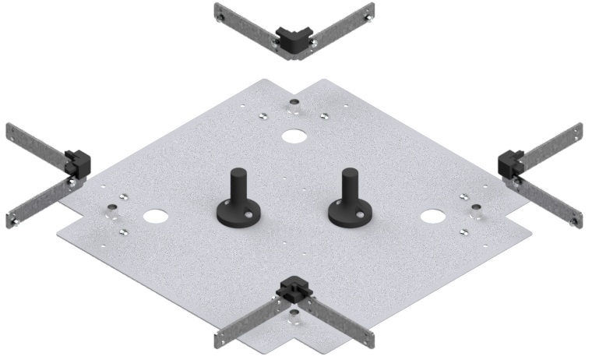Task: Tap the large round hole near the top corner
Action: [294, 136]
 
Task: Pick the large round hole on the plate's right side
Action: [431, 214]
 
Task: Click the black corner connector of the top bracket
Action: [294, 39]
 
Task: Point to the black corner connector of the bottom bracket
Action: [294, 288]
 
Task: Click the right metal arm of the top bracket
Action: [344, 24]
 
